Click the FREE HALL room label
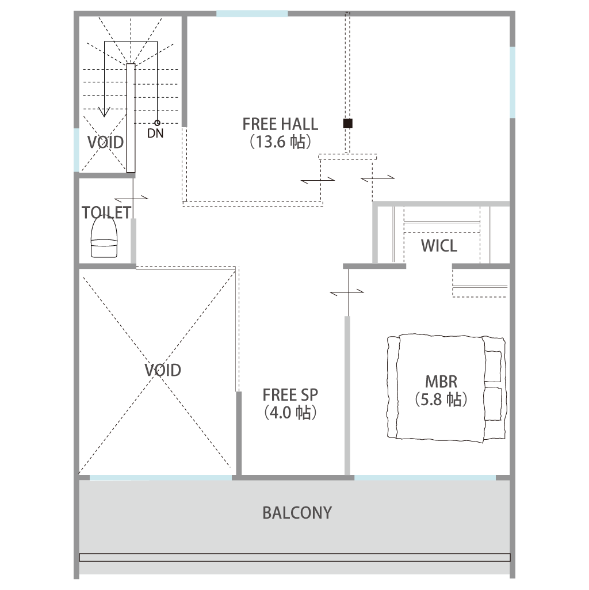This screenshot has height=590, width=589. tap(280, 124)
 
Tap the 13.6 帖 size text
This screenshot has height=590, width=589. tap(281, 142)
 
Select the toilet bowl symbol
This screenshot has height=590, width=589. tap(104, 237)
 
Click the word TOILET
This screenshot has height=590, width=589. tap(106, 212)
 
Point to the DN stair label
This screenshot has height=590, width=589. tap(155, 133)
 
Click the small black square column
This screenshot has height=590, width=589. tap(348, 123)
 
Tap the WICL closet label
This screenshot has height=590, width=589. tap(439, 246)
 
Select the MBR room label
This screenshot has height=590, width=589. tap(441, 382)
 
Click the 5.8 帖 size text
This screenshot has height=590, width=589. tap(441, 399)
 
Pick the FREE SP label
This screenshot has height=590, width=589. tap(290, 395)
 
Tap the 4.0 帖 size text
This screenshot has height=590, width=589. tap(290, 413)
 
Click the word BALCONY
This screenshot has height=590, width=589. tap(297, 513)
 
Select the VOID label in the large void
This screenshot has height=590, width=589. tap(163, 370)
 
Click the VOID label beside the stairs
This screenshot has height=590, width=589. tap(106, 142)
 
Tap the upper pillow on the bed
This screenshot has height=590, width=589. tap(493, 366)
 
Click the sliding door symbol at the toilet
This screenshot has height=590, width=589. tap(131, 198)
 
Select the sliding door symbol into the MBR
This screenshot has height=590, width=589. tap(347, 292)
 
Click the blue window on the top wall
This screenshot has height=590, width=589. tap(252, 14)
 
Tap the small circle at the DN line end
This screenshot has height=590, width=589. tap(157, 123)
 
